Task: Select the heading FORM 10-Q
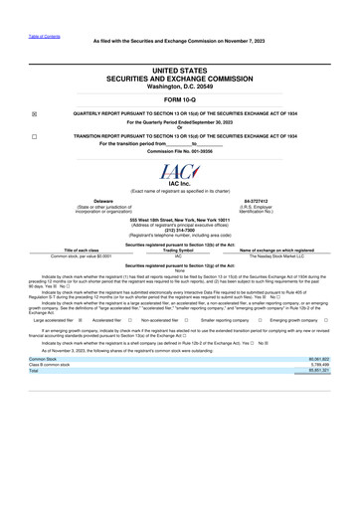[x=179, y=100]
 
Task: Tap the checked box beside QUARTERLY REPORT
[x=36, y=113]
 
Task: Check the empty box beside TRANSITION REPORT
[x=36, y=135]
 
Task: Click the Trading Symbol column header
[x=179, y=249]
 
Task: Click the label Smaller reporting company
[x=224, y=321]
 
